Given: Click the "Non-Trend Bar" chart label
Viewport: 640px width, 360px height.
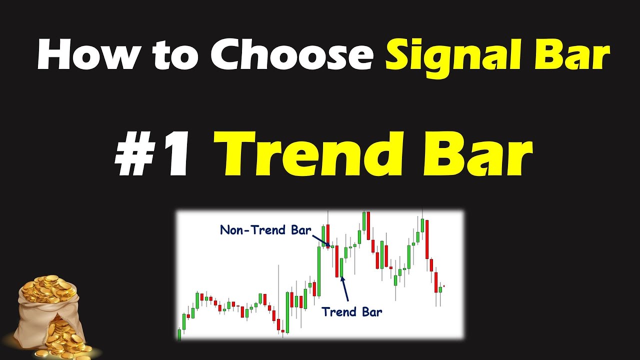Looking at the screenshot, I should pyautogui.click(x=265, y=230).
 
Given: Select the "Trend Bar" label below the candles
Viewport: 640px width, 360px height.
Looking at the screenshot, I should pyautogui.click(x=351, y=312).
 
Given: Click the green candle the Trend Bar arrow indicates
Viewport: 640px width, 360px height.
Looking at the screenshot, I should pyautogui.click(x=341, y=267).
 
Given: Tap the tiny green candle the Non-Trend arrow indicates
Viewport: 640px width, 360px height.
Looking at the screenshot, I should pyautogui.click(x=332, y=246).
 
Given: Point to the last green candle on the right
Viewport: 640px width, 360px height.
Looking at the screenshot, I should pyautogui.click(x=440, y=289).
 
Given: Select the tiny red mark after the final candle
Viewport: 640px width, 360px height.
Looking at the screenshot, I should pyautogui.click(x=444, y=286).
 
